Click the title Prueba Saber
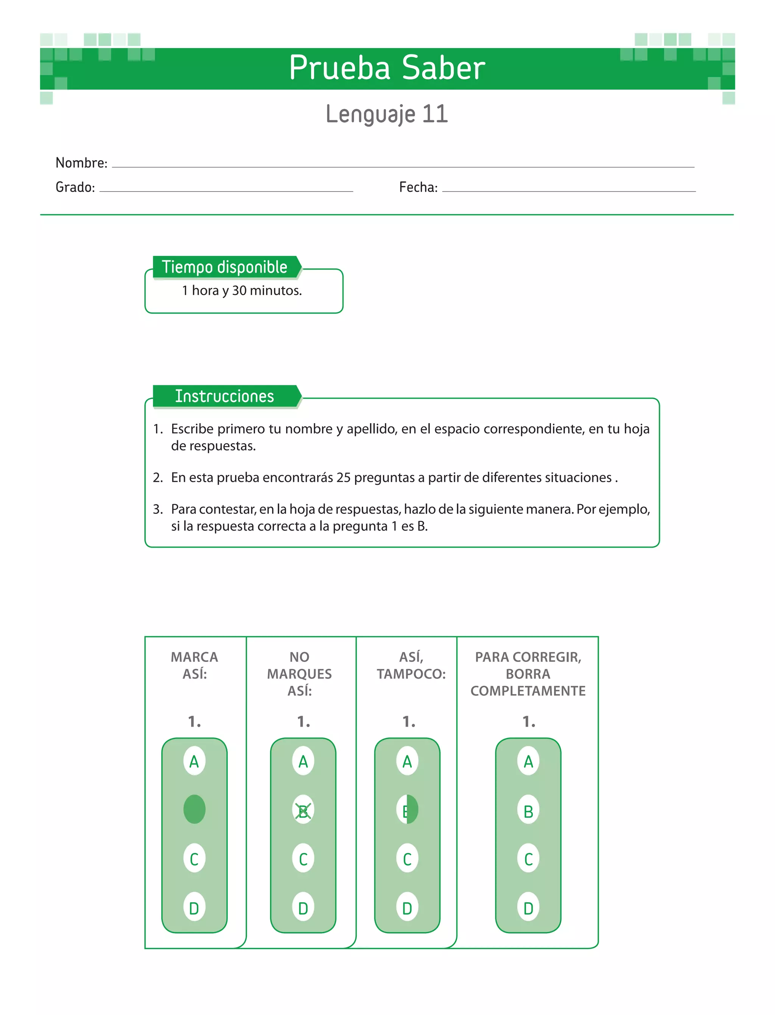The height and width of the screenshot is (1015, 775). pyautogui.click(x=387, y=68)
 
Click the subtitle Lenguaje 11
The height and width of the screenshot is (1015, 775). pyautogui.click(x=387, y=114)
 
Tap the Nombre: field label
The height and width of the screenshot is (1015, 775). pyautogui.click(x=81, y=163)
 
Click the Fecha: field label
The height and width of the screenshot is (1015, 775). pyautogui.click(x=418, y=187)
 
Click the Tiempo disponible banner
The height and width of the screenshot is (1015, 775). pyautogui.click(x=225, y=267)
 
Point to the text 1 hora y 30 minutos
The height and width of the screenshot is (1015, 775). pyautogui.click(x=242, y=291)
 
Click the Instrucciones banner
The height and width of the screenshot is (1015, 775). pyautogui.click(x=225, y=396)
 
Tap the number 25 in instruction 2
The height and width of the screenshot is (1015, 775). pyautogui.click(x=343, y=478)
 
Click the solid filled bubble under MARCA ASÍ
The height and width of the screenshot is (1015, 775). pyautogui.click(x=194, y=809)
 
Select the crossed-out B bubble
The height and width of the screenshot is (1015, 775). pyautogui.click(x=303, y=811)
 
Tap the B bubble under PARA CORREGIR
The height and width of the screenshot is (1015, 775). pyautogui.click(x=528, y=811)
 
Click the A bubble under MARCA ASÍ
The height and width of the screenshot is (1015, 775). pyautogui.click(x=194, y=761)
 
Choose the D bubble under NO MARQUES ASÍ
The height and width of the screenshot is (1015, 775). pyautogui.click(x=303, y=908)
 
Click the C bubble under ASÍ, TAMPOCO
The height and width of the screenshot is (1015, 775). pyautogui.click(x=407, y=859)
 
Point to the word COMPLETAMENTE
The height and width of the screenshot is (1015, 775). pyautogui.click(x=528, y=691)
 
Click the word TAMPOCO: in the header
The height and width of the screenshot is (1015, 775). pyautogui.click(x=411, y=674)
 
